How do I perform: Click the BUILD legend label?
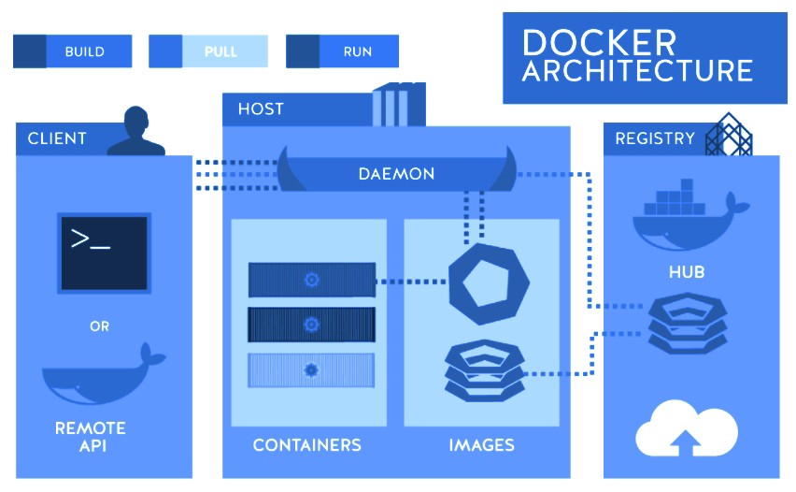click(84, 51)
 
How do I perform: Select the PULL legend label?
click(220, 51)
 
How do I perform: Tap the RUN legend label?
click(358, 51)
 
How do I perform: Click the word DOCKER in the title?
click(598, 42)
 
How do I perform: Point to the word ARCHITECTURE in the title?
click(637, 71)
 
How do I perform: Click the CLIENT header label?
click(57, 138)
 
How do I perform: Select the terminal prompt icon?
click(104, 252)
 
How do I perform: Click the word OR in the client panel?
click(99, 326)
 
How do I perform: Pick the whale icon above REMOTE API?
click(103, 376)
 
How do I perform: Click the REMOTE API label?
click(91, 437)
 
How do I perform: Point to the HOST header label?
click(261, 109)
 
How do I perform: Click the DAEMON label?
click(396, 174)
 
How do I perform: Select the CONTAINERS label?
click(306, 444)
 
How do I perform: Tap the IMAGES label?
click(481, 444)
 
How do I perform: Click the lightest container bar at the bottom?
click(311, 370)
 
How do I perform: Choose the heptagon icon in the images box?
click(483, 280)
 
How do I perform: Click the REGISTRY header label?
click(655, 138)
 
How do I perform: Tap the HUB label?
click(687, 273)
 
